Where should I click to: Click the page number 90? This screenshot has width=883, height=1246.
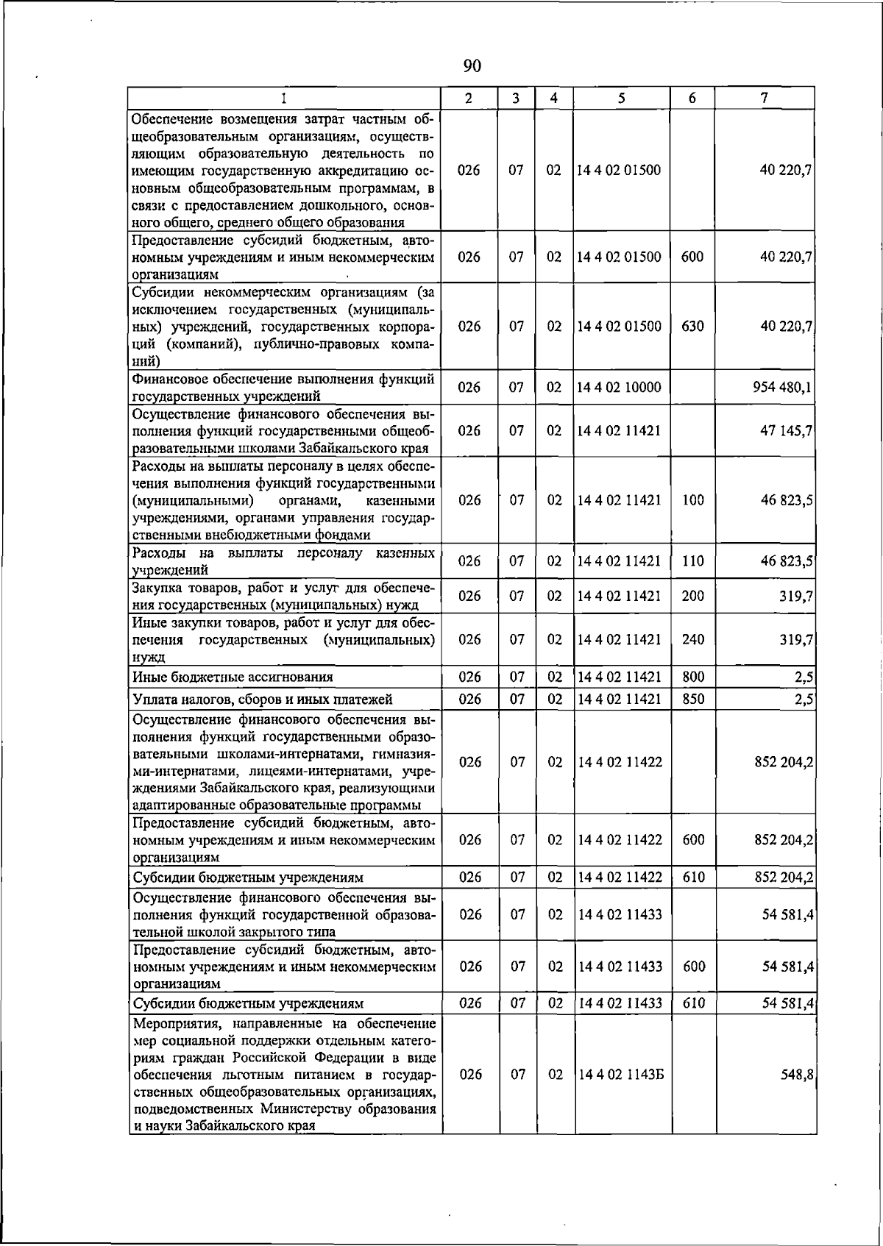tap(472, 66)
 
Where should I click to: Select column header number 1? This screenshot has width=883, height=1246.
tap(283, 98)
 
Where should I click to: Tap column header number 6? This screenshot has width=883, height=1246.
tap(692, 98)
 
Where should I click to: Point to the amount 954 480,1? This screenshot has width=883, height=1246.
tap(782, 388)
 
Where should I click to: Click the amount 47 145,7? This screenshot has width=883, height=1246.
tap(786, 430)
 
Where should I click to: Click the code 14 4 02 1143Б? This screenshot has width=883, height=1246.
tap(620, 1075)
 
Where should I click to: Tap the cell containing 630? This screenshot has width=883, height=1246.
tap(692, 326)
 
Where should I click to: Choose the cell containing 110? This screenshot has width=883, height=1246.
tap(692, 561)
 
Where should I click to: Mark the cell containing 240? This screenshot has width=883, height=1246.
tap(692, 639)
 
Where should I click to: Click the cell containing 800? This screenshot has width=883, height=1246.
tap(693, 677)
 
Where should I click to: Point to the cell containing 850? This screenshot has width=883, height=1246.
tap(693, 699)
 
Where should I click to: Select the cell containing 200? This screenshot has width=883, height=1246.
tap(692, 596)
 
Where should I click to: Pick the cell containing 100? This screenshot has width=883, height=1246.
tap(692, 500)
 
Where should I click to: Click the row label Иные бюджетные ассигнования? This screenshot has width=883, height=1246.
tap(233, 677)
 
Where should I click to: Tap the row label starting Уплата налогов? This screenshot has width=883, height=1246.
tap(262, 699)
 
